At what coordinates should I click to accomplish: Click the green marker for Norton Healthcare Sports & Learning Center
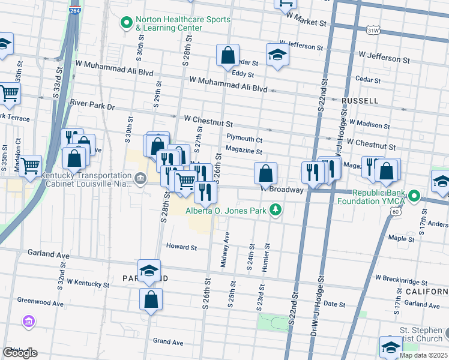click(127, 23)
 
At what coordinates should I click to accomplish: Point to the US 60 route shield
click(394, 211)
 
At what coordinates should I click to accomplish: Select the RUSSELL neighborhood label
click(360, 100)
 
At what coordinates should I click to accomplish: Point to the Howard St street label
click(181, 247)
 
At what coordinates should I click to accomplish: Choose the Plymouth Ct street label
click(244, 139)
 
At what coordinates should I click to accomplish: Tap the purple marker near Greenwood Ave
click(28, 322)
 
